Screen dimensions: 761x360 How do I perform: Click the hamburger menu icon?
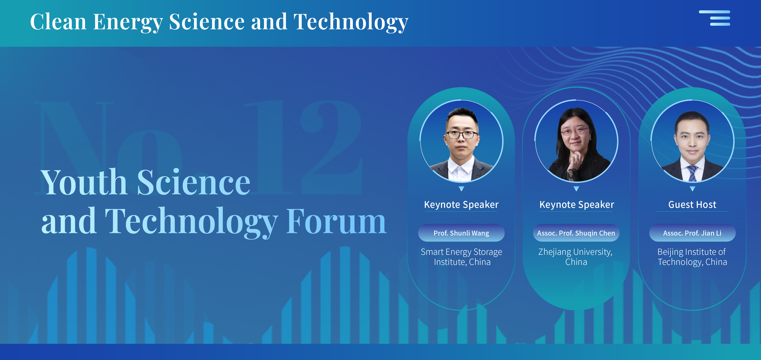point(715,18)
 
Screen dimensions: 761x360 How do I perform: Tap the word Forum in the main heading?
point(336,222)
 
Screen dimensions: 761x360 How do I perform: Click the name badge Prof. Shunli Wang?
point(461,233)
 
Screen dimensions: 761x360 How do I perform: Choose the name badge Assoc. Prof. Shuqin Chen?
point(576,233)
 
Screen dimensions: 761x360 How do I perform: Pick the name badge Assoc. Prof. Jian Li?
point(692,233)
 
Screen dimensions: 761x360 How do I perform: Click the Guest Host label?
point(692,204)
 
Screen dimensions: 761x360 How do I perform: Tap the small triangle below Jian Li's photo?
point(692,189)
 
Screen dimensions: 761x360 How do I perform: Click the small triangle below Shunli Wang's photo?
point(461,189)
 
